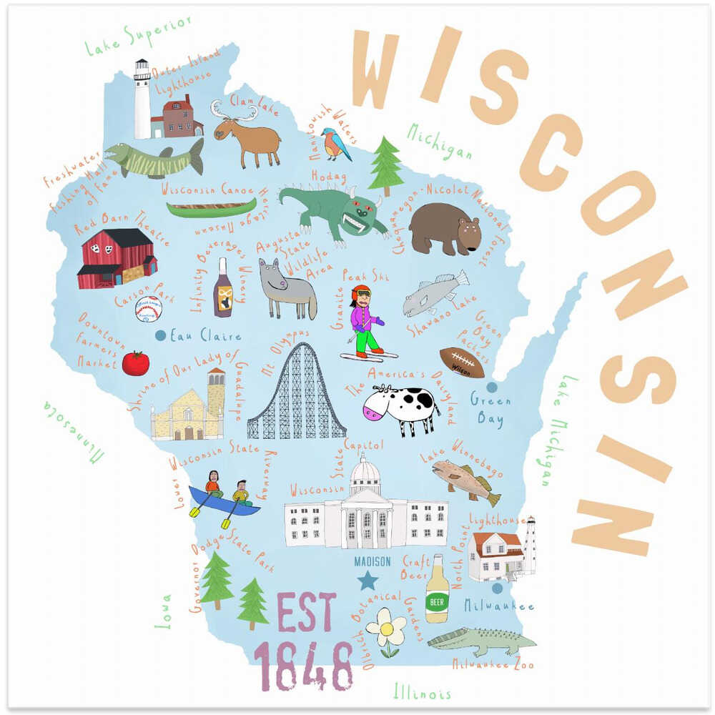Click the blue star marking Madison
368,580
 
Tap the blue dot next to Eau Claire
161,335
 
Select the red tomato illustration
135,363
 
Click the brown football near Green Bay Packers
461,363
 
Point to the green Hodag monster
332,208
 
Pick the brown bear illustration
445,227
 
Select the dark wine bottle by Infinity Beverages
222,289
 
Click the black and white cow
402,408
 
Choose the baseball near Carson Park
148,309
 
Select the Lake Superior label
138,35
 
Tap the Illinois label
423,691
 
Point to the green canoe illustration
211,208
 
